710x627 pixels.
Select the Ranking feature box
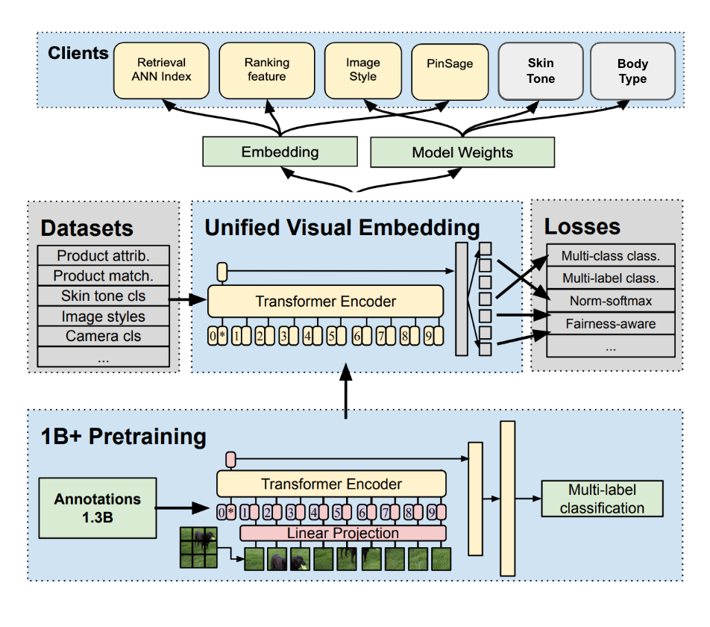[x=266, y=70]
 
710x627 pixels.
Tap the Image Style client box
[x=363, y=70]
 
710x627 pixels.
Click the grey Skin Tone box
[x=541, y=71]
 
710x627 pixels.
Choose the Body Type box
[x=632, y=71]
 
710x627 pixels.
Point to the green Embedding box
[x=280, y=152]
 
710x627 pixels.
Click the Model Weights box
[x=462, y=153]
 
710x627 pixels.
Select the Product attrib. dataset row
[x=103, y=256]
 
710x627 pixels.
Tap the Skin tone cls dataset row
[x=103, y=296]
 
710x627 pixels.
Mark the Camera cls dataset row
[x=103, y=336]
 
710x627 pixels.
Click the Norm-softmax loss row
[x=611, y=302]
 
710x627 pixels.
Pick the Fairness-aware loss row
[x=611, y=323]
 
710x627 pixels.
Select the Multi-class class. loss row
[x=611, y=257]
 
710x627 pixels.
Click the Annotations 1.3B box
[x=98, y=507]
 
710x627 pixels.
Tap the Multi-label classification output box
[x=602, y=499]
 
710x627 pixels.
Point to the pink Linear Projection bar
[x=343, y=533]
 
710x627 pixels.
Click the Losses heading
[x=582, y=226]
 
